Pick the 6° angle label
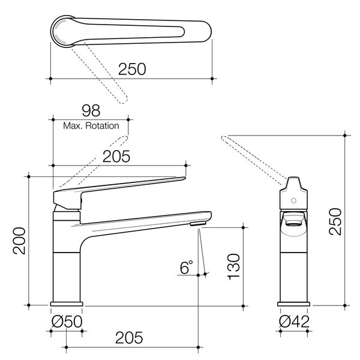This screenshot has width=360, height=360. [x=187, y=266]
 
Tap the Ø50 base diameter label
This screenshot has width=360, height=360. [x=67, y=322]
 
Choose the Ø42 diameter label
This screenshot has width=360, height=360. [x=294, y=322]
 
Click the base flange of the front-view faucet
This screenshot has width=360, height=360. [x=67, y=304]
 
